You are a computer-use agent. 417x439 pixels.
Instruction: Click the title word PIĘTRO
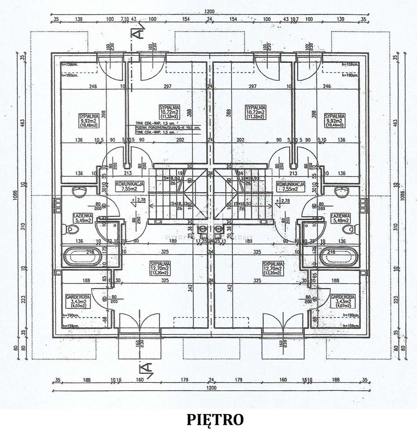click(215, 420)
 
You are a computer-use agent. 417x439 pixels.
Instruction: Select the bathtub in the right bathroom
click(339, 257)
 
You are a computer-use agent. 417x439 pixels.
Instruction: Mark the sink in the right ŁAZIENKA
click(341, 192)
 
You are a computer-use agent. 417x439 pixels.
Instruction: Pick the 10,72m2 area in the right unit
click(255, 112)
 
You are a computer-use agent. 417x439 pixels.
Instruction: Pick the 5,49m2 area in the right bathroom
click(341, 221)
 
